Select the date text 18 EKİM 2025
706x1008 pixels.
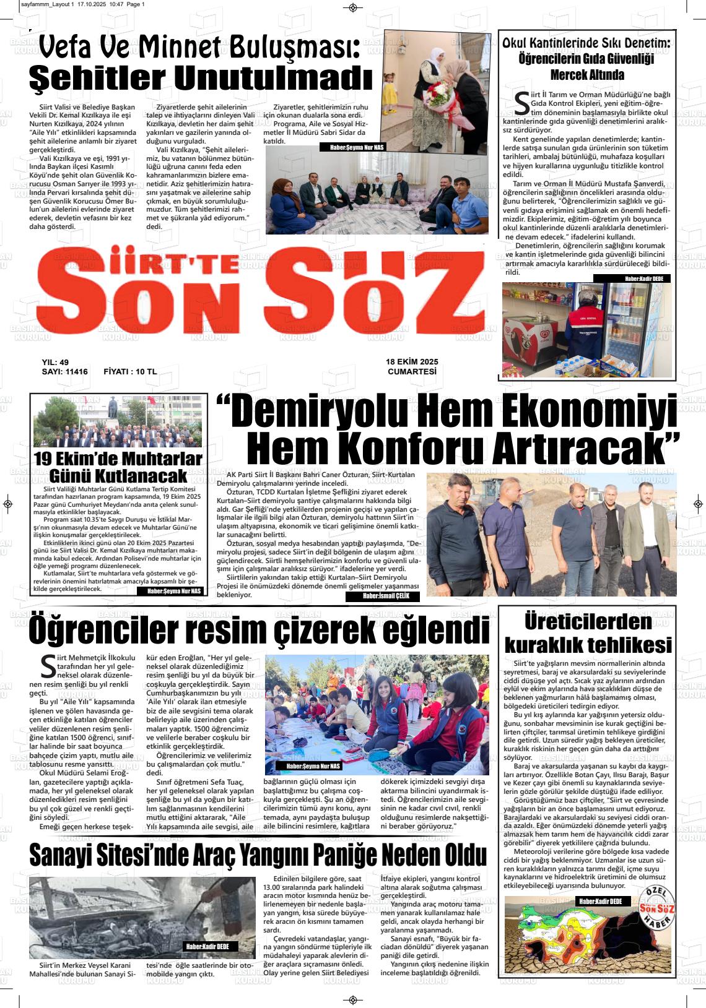click(x=412, y=362)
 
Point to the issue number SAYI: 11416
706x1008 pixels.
click(x=65, y=372)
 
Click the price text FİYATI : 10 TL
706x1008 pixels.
click(x=130, y=372)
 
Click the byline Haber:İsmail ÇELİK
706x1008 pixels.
click(x=382, y=596)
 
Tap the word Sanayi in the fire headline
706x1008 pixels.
click(x=68, y=855)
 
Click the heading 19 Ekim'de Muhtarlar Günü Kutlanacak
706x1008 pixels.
click(x=118, y=467)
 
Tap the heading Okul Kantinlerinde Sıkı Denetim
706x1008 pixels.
click(x=586, y=59)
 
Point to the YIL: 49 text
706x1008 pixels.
click(x=55, y=362)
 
